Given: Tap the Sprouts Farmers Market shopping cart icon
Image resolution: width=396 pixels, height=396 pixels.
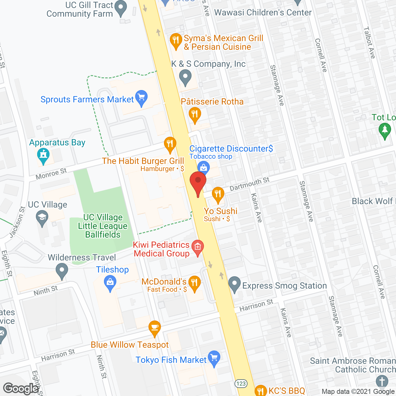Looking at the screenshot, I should pos(141,97).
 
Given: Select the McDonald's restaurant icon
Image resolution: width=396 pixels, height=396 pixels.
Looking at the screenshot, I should pos(194,283).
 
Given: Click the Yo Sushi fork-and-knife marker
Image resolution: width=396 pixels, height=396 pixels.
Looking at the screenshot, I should pos(218,194).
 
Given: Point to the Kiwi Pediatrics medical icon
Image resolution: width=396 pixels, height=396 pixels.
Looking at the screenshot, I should pos(198,247).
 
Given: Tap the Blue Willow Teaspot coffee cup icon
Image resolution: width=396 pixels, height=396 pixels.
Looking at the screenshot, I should pos(154,328).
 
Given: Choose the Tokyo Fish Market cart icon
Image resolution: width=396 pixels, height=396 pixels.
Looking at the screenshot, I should pos(214,358).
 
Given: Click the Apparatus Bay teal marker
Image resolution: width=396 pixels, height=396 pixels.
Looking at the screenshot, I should pos(43,155).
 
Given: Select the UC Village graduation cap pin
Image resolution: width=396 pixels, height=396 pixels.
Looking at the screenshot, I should pos(42,217).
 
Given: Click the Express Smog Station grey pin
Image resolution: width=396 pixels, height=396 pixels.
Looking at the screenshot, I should pos(235,284).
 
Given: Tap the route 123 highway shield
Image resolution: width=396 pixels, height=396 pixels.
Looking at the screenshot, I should pos(241,384).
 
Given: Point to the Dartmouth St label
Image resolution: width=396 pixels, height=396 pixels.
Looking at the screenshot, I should pos(249,184).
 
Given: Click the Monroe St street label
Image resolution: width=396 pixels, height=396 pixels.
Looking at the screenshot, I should pos(51,174).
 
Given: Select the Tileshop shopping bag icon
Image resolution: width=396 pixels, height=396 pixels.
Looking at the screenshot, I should pos(110,283).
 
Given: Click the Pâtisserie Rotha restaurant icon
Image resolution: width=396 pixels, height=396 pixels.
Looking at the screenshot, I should pos(195,114).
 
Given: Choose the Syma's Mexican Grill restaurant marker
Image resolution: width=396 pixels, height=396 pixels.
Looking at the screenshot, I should pos(176,40).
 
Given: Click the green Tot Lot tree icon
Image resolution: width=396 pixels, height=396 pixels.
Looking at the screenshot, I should pos(385,130).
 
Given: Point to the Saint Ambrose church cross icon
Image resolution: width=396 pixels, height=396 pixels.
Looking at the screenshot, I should pos(382,381).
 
